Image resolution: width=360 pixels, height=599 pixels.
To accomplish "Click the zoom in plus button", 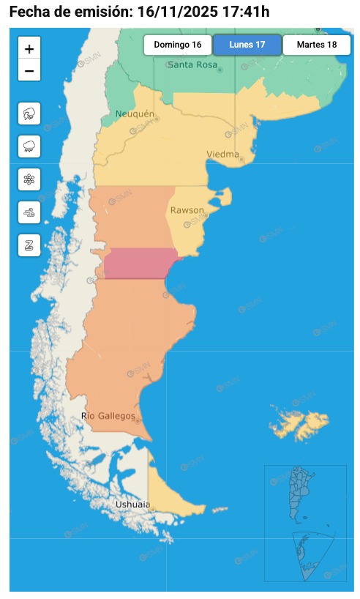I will [x=29, y=49].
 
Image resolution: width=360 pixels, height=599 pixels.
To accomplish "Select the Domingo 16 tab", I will [x=178, y=45].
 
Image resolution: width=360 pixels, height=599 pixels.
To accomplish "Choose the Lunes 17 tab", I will [x=247, y=45].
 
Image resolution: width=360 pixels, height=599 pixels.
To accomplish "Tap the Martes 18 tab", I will [x=316, y=45].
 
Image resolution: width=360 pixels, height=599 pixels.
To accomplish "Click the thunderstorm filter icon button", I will [x=29, y=114].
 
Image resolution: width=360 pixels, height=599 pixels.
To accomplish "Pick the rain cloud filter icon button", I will [x=29, y=146].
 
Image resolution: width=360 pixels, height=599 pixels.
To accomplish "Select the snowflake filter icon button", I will [x=29, y=179].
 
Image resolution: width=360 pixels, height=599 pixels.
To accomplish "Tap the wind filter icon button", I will [x=29, y=212].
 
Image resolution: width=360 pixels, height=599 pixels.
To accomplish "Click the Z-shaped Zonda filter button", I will [x=29, y=245].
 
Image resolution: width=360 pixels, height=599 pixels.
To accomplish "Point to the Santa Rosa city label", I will [x=192, y=65].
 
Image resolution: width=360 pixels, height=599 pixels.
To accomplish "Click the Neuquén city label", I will [x=135, y=114].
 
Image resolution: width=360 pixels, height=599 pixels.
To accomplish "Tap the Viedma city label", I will [x=222, y=155].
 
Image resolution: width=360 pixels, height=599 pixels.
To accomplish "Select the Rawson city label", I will [x=187, y=211].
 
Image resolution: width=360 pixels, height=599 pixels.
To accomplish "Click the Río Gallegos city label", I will [x=108, y=417].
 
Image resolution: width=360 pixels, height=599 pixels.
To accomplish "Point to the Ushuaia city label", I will [x=132, y=505].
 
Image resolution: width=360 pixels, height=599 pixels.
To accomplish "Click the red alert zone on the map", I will [x=140, y=264].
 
